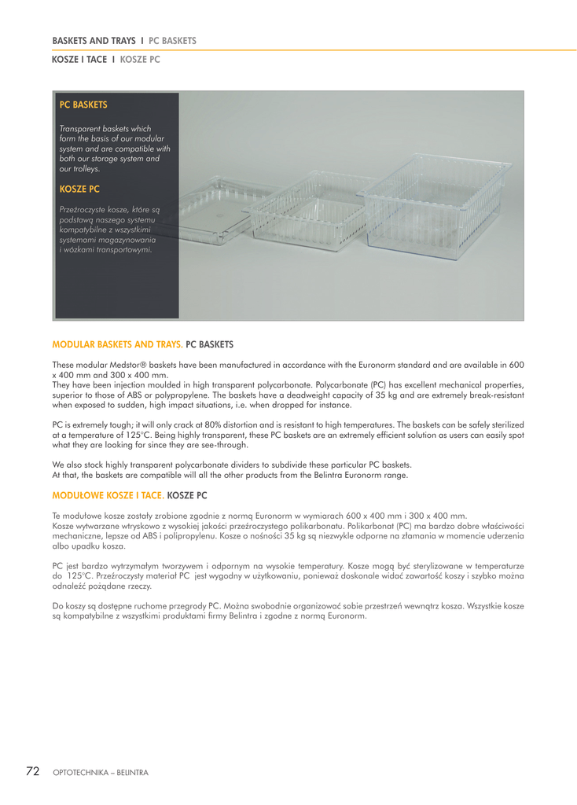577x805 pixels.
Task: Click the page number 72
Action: pos(32,771)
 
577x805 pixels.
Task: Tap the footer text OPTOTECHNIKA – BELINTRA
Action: pos(100,773)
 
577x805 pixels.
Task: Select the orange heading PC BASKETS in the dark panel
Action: pos(83,105)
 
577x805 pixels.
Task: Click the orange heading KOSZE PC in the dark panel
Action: pos(79,189)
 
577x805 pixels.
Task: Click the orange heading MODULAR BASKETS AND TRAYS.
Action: pos(117,344)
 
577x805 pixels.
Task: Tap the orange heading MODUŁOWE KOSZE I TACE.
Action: pos(108,495)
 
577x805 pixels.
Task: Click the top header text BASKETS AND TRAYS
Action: pos(94,40)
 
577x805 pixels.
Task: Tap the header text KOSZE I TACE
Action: pos(79,59)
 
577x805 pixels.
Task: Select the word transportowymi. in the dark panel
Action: pos(119,250)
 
